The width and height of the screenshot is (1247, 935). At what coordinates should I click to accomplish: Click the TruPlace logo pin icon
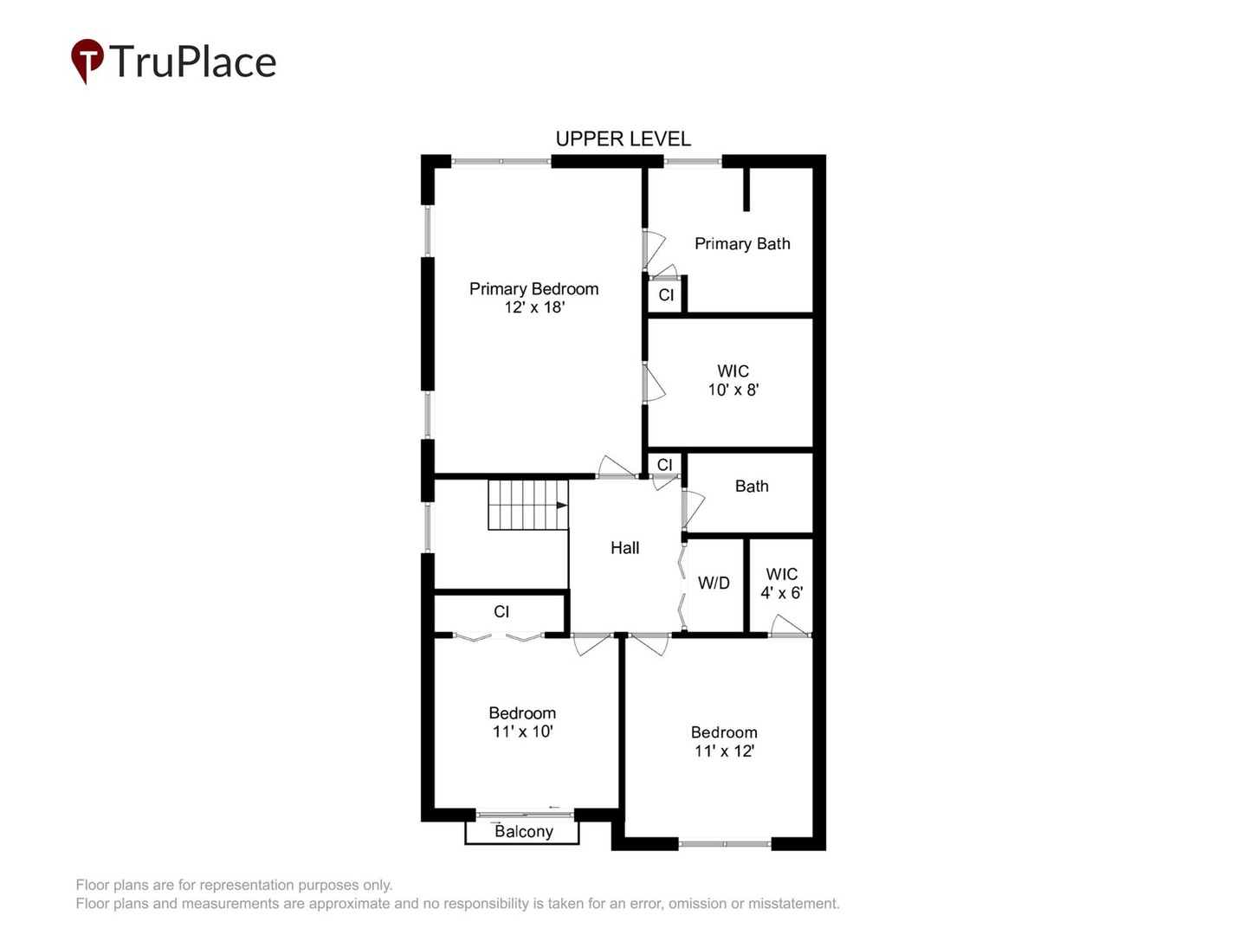point(87,60)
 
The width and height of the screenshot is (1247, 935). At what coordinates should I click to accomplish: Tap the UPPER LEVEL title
point(623,139)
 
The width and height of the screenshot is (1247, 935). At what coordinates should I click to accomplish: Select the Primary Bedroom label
point(533,288)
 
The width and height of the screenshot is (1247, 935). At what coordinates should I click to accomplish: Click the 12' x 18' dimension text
point(534,307)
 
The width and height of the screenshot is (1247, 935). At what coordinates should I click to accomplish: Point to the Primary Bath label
point(742,243)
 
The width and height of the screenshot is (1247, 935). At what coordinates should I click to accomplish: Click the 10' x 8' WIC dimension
point(733,390)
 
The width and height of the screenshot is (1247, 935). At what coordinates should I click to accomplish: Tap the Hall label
point(624,547)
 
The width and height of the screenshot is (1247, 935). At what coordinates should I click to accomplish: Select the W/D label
point(714,584)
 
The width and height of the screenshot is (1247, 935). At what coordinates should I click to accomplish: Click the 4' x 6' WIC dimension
point(781,593)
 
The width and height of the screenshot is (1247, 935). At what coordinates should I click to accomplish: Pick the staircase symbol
point(527,504)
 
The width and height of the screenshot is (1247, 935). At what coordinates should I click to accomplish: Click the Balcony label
point(523,831)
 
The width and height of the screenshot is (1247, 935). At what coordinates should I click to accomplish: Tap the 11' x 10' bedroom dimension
point(522,732)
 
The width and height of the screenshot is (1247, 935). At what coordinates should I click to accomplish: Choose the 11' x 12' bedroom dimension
point(724,751)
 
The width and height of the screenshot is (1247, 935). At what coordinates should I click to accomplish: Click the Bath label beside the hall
point(752,486)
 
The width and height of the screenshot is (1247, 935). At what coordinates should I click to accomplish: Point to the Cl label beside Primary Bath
point(666,295)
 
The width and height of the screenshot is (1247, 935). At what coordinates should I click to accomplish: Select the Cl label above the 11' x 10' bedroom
point(501,611)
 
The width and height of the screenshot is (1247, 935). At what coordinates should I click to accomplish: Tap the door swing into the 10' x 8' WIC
point(654,384)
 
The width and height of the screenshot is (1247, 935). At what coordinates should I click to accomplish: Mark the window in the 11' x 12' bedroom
point(725,843)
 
